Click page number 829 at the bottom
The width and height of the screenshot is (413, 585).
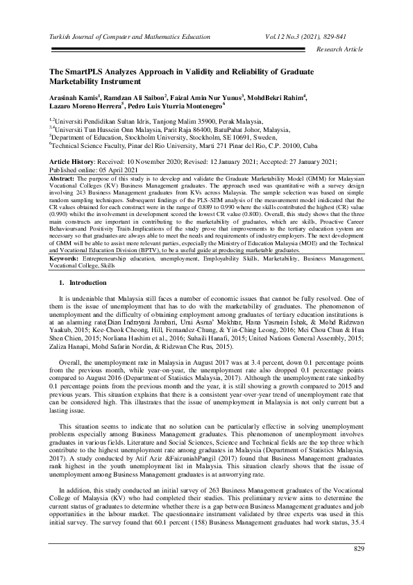point(359,549)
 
